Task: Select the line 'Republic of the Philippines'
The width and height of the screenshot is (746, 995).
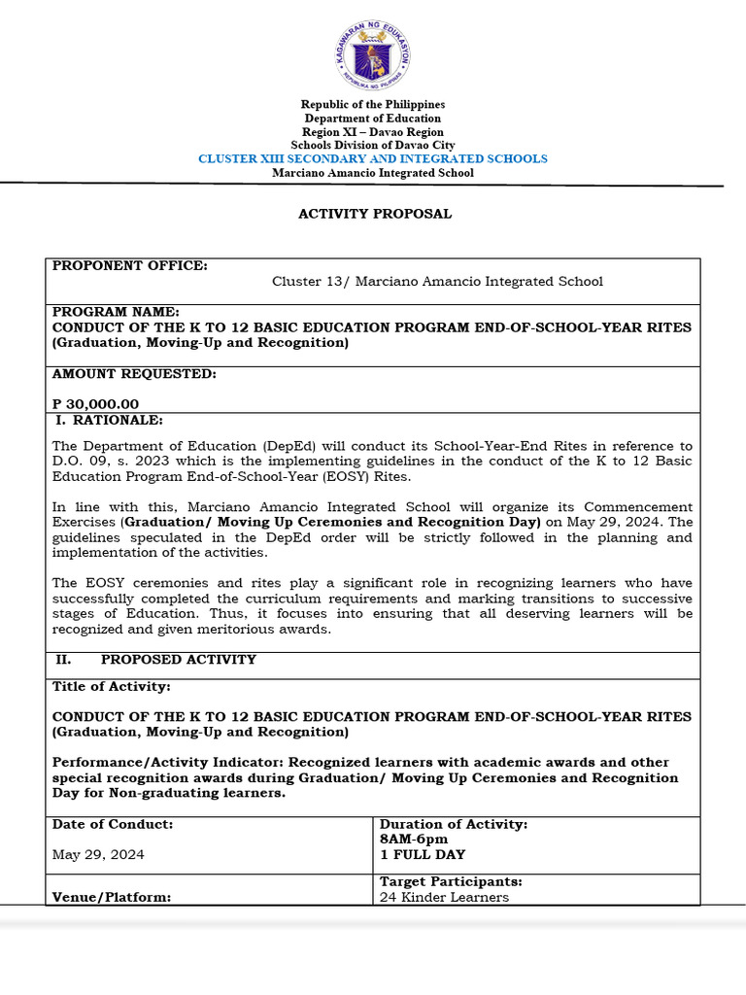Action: (372, 104)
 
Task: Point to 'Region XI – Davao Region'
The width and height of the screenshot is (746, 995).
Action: (372, 131)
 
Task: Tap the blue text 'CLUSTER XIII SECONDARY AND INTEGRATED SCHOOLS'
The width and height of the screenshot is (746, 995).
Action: (372, 158)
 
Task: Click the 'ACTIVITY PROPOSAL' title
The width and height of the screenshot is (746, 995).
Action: (374, 214)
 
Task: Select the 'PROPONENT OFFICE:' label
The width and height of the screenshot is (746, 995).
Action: (129, 266)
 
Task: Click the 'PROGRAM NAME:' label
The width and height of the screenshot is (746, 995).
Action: (115, 312)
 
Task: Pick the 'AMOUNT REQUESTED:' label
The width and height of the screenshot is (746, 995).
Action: (134, 374)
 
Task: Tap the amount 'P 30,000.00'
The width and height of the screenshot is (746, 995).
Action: (95, 404)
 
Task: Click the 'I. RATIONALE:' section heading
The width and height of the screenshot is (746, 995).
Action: (108, 420)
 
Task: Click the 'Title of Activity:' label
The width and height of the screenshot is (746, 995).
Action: (111, 687)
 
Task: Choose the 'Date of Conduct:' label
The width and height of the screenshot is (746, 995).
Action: (113, 824)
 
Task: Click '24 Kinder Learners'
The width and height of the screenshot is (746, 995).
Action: (444, 897)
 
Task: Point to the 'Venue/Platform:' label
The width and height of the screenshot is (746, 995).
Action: (112, 898)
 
